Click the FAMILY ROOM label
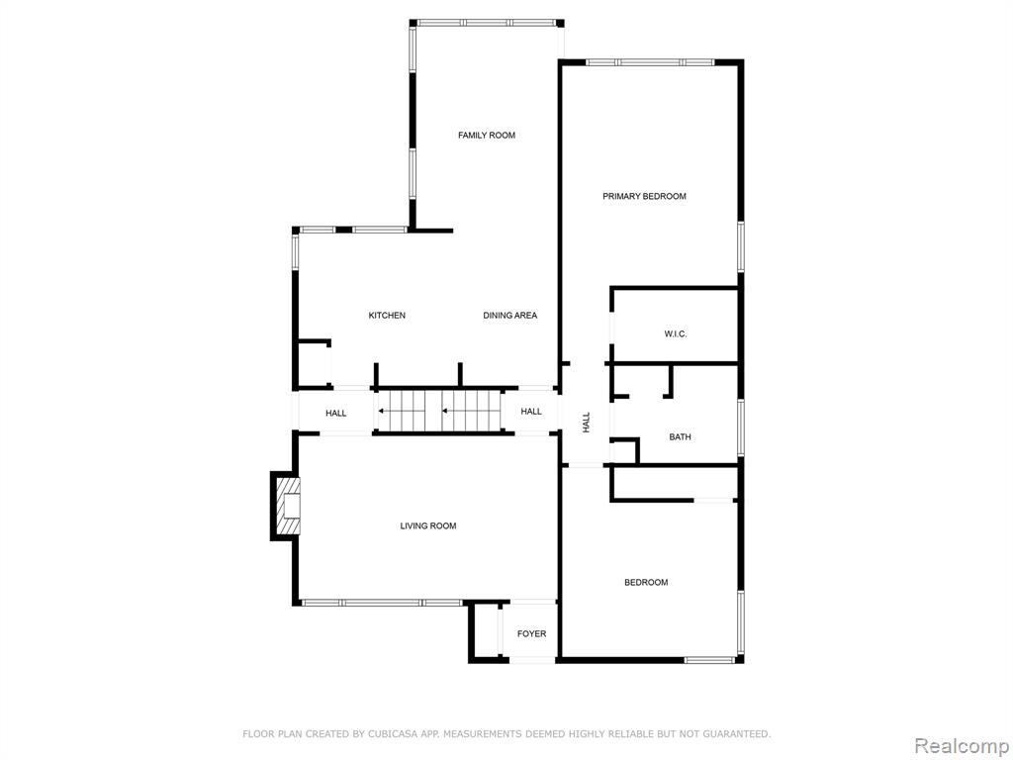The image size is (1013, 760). [x=487, y=135]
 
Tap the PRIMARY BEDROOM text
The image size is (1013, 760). [x=644, y=196]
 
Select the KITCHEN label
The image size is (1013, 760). [x=387, y=316]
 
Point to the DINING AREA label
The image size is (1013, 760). [x=510, y=316]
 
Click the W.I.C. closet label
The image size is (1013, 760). [x=676, y=334]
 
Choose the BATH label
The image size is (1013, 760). [x=680, y=436]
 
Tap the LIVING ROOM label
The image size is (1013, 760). [x=428, y=526]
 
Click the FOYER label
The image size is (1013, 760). [x=531, y=634]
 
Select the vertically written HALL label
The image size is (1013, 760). [x=587, y=422]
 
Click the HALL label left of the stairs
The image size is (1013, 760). [x=336, y=413]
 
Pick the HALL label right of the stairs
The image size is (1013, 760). [x=531, y=411]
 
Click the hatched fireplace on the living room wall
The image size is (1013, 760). [x=288, y=506]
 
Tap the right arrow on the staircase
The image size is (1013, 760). [x=463, y=411]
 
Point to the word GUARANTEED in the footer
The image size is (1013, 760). [x=737, y=734]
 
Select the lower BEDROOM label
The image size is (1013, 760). [x=646, y=582]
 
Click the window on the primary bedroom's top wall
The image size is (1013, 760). [x=651, y=62]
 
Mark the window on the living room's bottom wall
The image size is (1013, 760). [x=383, y=603]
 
